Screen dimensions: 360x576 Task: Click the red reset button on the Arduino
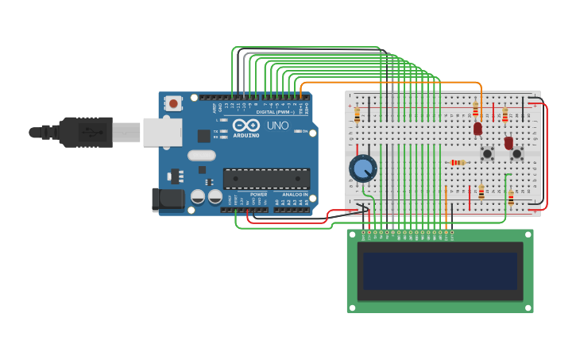point(173,103)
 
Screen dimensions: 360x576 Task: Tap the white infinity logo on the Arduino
point(245,126)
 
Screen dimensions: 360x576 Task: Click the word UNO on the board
point(277,126)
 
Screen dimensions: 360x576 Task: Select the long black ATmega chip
point(266,179)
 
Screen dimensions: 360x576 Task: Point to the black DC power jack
point(168,199)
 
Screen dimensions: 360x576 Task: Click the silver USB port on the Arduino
point(162,132)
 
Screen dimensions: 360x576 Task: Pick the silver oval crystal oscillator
point(202,156)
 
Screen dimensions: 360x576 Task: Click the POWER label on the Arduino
point(259,194)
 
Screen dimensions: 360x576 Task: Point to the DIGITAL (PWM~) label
point(275,112)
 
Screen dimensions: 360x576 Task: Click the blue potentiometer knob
point(363,168)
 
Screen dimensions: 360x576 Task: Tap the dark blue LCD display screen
point(440,271)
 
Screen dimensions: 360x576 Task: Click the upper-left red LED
point(477,128)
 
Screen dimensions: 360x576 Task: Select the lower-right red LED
point(508,143)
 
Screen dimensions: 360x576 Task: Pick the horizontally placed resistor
point(458,162)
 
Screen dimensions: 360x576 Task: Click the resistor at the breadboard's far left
point(357,114)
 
